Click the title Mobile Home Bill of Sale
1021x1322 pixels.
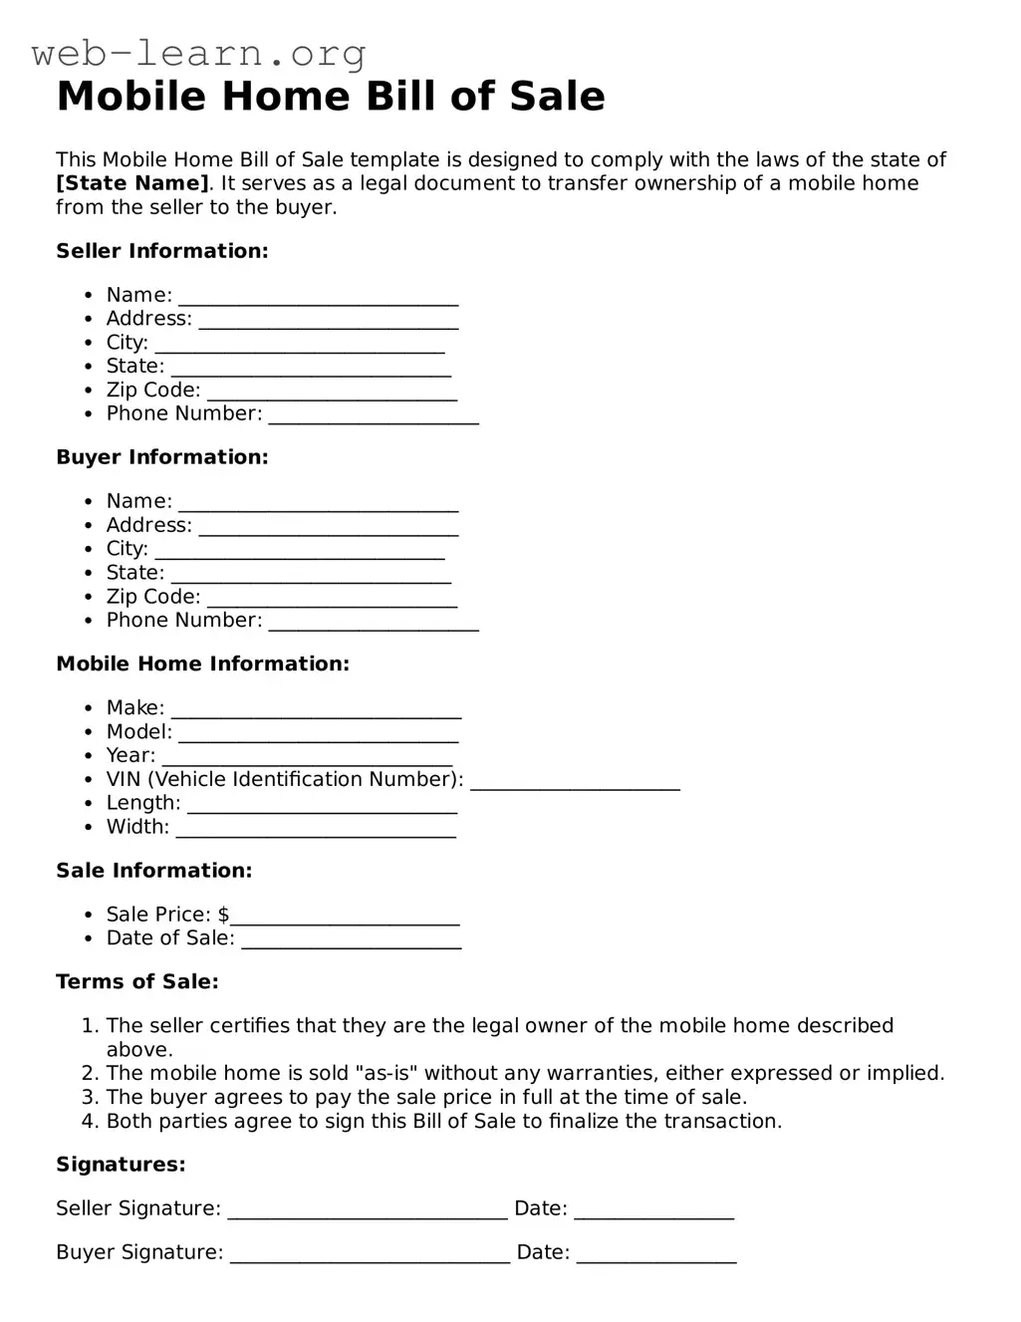click(331, 97)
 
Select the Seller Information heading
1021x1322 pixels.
click(161, 251)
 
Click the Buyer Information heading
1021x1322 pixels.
click(161, 457)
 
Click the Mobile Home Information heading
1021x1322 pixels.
click(202, 663)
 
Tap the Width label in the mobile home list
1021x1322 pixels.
click(137, 827)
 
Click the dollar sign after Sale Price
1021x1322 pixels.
click(223, 915)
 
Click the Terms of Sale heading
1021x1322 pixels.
click(136, 981)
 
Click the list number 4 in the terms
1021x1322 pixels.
click(88, 1122)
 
